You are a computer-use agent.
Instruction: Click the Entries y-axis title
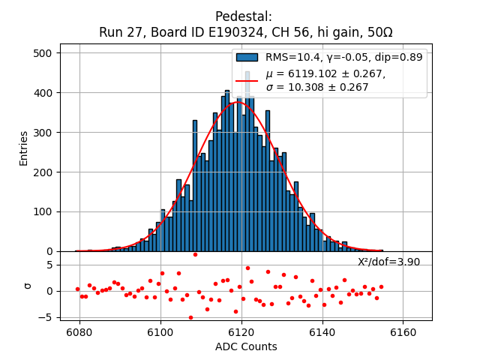coord(23,148)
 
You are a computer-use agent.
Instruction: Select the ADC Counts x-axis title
coord(246,346)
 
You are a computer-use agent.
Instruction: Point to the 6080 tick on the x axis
coord(79,331)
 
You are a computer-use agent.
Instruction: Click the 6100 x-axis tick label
coord(160,331)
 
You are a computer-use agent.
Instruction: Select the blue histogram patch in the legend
coord(247,57)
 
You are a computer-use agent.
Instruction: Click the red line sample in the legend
coord(247,80)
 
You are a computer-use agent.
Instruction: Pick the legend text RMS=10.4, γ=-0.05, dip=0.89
coord(343,57)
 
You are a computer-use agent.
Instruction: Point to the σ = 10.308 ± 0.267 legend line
coord(317,87)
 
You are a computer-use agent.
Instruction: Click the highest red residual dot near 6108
coord(195,254)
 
